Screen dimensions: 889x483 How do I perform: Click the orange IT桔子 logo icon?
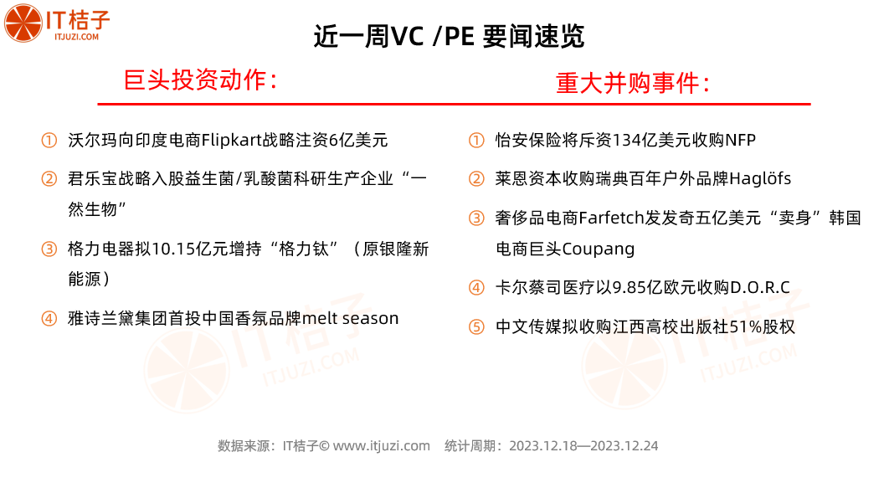tap(23, 23)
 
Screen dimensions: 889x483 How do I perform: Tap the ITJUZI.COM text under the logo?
tap(76, 37)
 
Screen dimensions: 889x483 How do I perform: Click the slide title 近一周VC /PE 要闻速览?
tap(449, 37)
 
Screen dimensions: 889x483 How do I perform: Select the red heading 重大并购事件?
tap(633, 84)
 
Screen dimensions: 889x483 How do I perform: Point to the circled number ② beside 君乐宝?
tap(49, 179)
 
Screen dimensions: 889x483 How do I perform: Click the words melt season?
tap(351, 319)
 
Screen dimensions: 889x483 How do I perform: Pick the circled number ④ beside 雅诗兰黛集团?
tap(49, 319)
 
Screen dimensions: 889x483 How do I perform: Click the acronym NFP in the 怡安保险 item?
tap(741, 140)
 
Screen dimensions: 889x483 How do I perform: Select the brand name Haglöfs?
tap(760, 179)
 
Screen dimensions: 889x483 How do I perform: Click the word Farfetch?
tap(612, 218)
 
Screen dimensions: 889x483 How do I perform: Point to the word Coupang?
tap(599, 249)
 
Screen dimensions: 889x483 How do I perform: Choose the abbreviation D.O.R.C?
tap(760, 287)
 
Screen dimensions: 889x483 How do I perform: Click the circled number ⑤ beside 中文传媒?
tap(476, 326)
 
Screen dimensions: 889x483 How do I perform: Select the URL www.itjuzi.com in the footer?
tap(382, 446)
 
